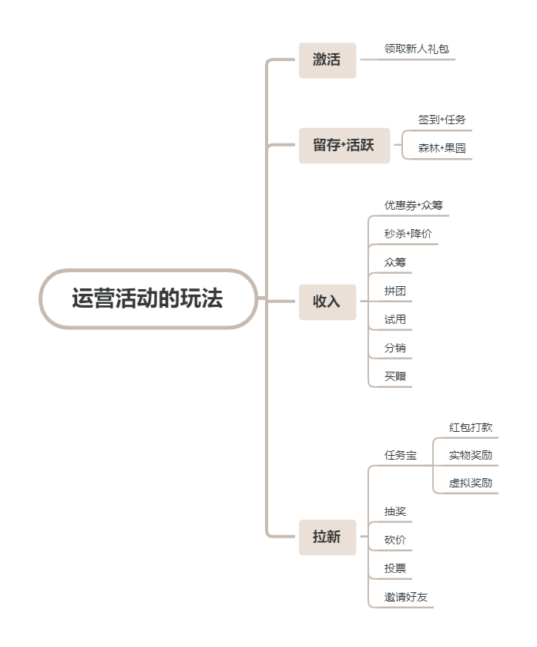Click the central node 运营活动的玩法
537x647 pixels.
[148, 299]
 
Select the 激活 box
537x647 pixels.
[327, 60]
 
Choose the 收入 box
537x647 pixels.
[327, 302]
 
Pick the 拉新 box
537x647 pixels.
[327, 537]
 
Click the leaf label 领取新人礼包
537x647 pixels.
[416, 49]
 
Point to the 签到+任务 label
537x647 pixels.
[441, 120]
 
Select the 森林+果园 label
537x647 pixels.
[441, 148]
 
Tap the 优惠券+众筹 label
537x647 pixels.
[413, 205]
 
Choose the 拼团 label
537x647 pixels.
[395, 291]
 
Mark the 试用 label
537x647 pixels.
[395, 319]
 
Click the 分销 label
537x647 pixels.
[395, 348]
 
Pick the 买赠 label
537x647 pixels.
[395, 376]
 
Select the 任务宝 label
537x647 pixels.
[401, 455]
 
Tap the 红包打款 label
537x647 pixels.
[470, 426]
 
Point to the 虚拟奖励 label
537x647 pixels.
[470, 483]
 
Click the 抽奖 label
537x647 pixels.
[395, 511]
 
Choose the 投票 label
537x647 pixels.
[395, 568]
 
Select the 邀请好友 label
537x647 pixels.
[405, 597]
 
